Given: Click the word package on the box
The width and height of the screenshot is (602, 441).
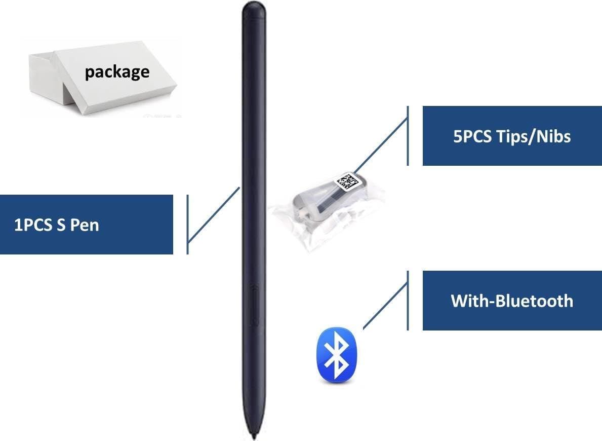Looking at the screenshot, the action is pos(117,71).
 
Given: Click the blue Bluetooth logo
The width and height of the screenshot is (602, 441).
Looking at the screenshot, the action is pos(337,354).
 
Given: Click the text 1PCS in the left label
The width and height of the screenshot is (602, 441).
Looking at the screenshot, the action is pos(33,225).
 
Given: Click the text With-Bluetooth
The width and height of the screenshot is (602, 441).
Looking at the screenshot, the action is pos(512,301).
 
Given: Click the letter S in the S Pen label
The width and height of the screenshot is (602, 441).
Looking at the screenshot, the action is pos(60,225).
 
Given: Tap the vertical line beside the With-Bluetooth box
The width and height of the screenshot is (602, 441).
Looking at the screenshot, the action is pos(408,301).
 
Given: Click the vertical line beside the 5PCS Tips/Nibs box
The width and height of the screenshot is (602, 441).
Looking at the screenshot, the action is pos(408,135).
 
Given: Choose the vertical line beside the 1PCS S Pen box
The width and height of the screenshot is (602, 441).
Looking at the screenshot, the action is pos(188,224).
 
